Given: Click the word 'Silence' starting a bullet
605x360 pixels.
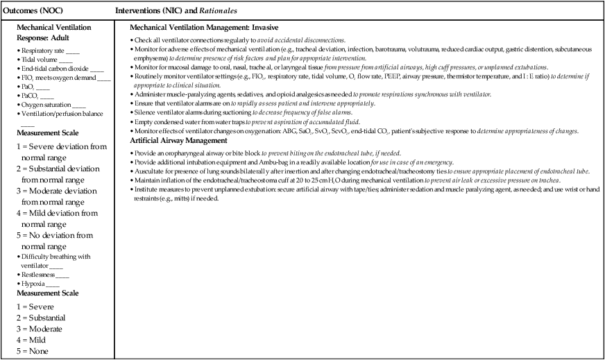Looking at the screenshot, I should click(144, 112).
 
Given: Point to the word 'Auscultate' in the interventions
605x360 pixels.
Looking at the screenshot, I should click(148, 171).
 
